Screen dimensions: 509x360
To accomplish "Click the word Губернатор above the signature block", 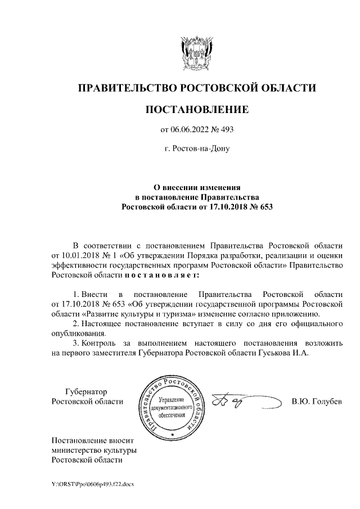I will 86,391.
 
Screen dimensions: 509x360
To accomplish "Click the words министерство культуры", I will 94,450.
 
